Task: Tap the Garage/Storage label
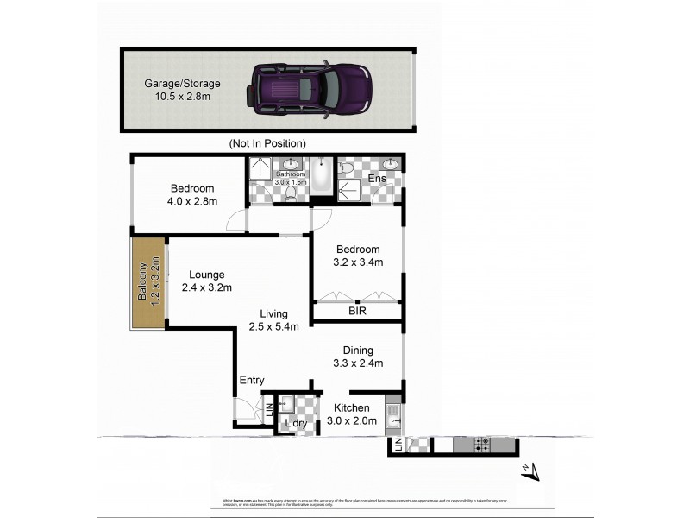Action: pyautogui.click(x=182, y=90)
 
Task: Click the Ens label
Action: pyautogui.click(x=376, y=179)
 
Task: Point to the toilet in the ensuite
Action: pyautogui.click(x=347, y=168)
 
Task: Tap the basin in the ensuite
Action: pyautogui.click(x=390, y=165)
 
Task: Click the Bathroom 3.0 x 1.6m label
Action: pyautogui.click(x=291, y=178)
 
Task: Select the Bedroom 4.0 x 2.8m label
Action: pyautogui.click(x=192, y=194)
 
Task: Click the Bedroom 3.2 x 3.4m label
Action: pyautogui.click(x=357, y=256)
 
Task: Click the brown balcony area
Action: pyautogui.click(x=147, y=282)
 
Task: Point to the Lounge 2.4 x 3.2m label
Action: pyautogui.click(x=207, y=281)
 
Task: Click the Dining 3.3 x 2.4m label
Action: pyautogui.click(x=357, y=357)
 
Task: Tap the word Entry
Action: pyautogui.click(x=252, y=380)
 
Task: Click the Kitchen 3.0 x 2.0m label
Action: pyautogui.click(x=353, y=414)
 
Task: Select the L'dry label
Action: pyautogui.click(x=296, y=424)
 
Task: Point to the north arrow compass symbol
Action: pyautogui.click(x=531, y=471)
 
